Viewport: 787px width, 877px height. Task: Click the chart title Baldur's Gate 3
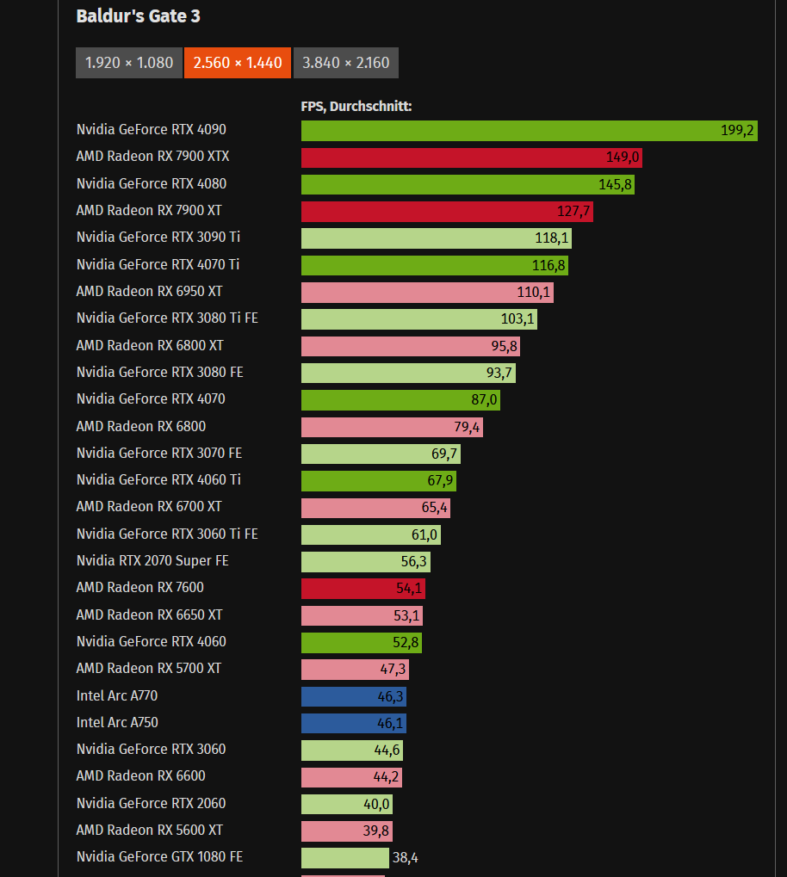[x=138, y=16]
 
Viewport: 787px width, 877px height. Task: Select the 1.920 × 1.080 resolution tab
[x=129, y=63]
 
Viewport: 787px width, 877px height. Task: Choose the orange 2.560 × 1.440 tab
[x=238, y=63]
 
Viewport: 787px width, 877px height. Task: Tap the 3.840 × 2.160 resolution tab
[x=345, y=63]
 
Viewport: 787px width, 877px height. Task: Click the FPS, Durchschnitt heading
[x=356, y=106]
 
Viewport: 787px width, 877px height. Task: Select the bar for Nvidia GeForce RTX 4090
[x=529, y=131]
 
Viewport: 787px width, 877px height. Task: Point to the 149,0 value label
[x=623, y=157]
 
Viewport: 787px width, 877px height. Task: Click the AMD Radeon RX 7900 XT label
[x=149, y=211]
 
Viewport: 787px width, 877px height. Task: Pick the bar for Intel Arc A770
[x=354, y=696]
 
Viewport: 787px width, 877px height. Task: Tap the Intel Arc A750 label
[x=117, y=723]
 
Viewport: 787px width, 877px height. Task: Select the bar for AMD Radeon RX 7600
[x=363, y=589]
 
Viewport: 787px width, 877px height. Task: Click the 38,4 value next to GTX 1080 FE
[x=404, y=857]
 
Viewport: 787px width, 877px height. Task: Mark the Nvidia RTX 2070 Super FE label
[x=152, y=561]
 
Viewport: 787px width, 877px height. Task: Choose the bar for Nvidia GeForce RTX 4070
[x=400, y=400]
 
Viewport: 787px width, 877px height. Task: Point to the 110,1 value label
[x=534, y=293]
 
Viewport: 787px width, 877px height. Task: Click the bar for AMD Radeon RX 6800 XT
[x=410, y=346]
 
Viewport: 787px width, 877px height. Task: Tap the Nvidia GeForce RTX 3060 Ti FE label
[x=167, y=534]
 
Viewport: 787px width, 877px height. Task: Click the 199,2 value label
[x=737, y=131]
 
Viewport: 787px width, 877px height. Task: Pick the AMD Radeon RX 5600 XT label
[x=149, y=831]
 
